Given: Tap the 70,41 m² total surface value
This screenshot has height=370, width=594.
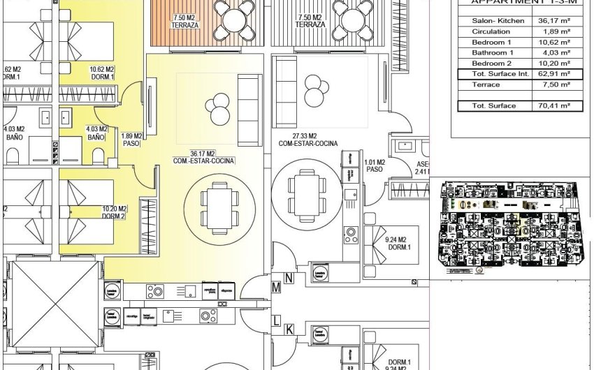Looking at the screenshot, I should [551, 106].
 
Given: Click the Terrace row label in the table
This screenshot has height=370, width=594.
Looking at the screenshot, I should [486, 84].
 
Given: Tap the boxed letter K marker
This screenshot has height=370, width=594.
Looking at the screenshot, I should [289, 328].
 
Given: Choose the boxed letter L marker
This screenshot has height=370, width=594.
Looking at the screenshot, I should [277, 320].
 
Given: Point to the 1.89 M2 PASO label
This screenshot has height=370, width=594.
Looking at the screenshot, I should [131, 140].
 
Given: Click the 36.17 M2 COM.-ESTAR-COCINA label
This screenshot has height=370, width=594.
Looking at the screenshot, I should [204, 157].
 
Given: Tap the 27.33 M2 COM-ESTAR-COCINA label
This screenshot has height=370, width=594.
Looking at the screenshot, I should [307, 140].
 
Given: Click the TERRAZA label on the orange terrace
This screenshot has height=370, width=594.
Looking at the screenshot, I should [184, 21].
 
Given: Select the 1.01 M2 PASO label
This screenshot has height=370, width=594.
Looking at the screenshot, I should [374, 165].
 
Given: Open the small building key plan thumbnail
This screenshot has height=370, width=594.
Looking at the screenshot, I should [509, 229].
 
